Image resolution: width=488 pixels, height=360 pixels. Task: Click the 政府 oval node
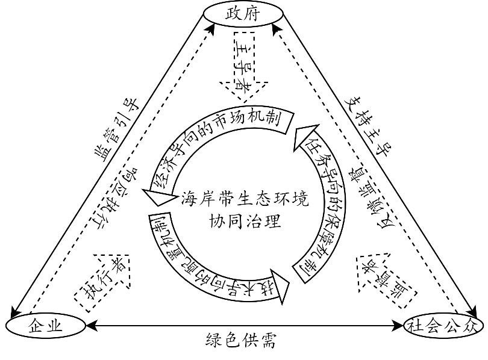[242, 13]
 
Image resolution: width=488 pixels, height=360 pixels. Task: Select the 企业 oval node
[46, 326]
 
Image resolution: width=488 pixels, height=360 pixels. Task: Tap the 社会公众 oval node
[443, 326]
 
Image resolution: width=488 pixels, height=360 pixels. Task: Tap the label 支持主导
[369, 123]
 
